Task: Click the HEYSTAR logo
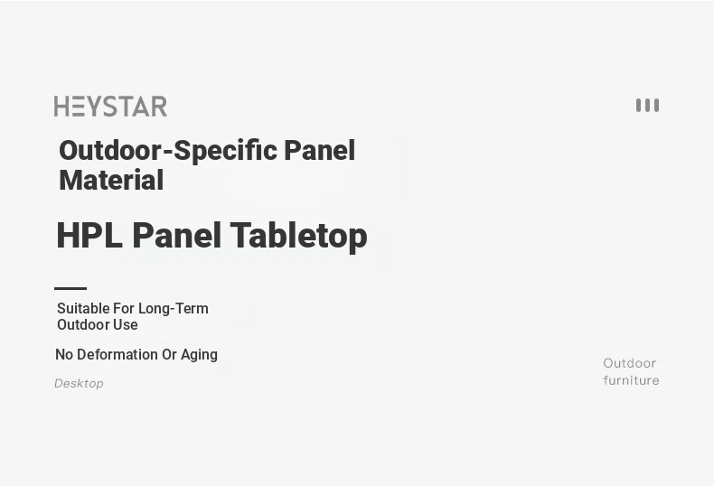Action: [x=110, y=106]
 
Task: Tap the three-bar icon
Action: [x=647, y=105]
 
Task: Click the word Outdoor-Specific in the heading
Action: [x=168, y=151]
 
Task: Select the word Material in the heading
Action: [x=111, y=180]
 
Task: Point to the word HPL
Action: [x=89, y=235]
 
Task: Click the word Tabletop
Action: [x=299, y=235]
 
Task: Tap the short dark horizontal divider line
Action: [x=70, y=288]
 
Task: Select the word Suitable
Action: [x=83, y=309]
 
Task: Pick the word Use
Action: [x=126, y=325]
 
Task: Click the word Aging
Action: [x=199, y=355]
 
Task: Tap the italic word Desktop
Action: [x=79, y=383]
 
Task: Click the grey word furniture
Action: [x=631, y=380]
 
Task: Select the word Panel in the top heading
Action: [x=319, y=151]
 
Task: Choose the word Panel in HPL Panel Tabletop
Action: [x=176, y=235]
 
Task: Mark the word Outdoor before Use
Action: [x=83, y=325]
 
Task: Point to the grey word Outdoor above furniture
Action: [x=630, y=363]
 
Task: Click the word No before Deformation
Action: [x=64, y=354]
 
